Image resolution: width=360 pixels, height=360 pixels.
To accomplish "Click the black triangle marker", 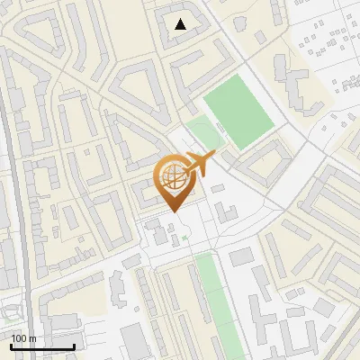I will coord(181,24).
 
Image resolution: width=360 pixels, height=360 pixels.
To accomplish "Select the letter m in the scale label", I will coord(32,338).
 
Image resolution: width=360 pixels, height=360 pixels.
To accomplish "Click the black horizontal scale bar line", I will coord(42,346).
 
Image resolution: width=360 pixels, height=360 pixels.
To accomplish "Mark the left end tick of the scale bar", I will coord(12,345).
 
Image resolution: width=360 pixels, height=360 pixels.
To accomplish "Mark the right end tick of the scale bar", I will coord(74,345).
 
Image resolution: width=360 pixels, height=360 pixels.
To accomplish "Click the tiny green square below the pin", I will coord(184,237).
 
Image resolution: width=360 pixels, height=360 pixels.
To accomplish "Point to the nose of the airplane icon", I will coord(214,157).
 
